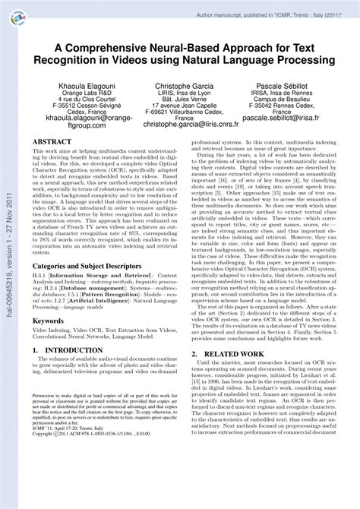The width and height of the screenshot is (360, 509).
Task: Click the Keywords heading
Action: pos(48,321)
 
